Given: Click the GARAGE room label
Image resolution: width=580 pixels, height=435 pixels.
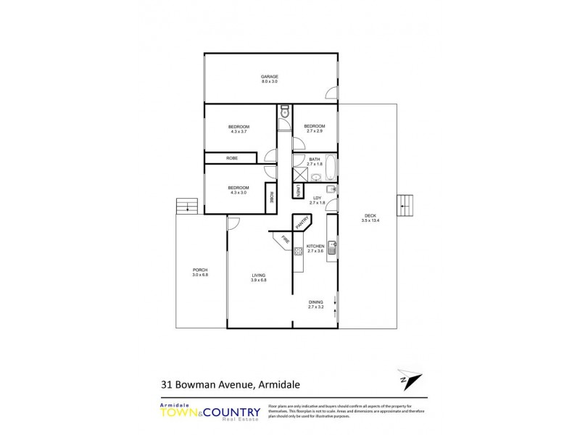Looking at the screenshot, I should (270, 77).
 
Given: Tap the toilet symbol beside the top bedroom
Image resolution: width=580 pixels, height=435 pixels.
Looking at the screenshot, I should (285, 112).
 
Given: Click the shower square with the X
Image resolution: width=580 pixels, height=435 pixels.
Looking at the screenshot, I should (300, 174).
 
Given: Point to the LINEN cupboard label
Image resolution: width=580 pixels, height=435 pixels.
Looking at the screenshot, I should (297, 190).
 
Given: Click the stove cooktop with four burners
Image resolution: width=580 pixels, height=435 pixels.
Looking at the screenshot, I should (297, 252).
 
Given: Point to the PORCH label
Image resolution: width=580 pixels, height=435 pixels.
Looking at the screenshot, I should (199, 270).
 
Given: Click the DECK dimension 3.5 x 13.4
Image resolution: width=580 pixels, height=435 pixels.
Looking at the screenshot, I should (370, 220).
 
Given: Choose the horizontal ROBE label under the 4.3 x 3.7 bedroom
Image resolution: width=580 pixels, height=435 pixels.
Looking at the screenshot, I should (232, 157).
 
